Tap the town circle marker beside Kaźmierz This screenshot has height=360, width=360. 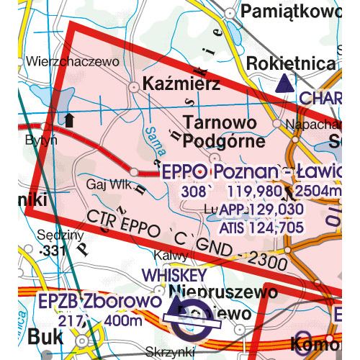tap(134, 86)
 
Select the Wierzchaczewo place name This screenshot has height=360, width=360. tap(71, 62)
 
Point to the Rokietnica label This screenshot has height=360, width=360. tap(290, 63)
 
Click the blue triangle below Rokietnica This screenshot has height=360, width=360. tap(284, 84)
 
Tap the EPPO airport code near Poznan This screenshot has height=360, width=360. tap(184, 173)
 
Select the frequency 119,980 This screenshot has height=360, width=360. tap(263, 193)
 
